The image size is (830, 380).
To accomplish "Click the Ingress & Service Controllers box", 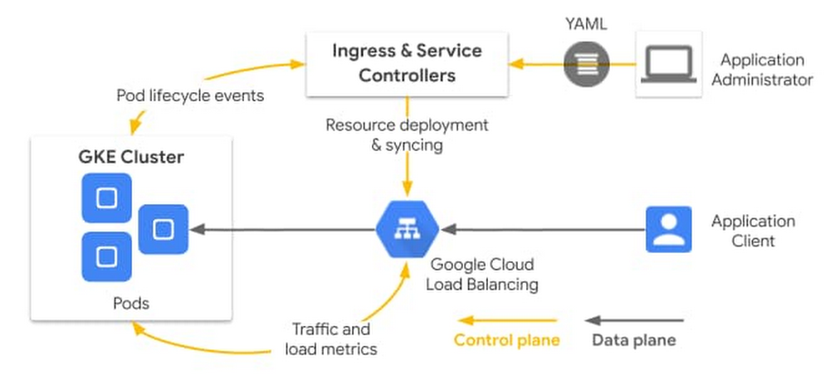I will click(406, 63).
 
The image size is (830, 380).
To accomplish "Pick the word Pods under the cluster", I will click(131, 303).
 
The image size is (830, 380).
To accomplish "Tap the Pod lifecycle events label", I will click(190, 95).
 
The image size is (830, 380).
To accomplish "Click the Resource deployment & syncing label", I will click(407, 134).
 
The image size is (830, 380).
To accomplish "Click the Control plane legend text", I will click(506, 339).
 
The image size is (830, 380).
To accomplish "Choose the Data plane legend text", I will click(633, 339).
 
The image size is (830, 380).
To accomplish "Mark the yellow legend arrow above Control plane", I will click(509, 320).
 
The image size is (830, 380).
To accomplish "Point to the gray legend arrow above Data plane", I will click(635, 320).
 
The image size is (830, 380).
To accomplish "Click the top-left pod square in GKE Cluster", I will click(107, 197).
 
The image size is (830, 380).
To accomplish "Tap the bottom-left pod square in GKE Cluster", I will click(107, 256).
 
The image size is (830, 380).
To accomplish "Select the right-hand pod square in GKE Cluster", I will click(164, 228).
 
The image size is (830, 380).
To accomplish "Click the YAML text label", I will click(586, 23).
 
